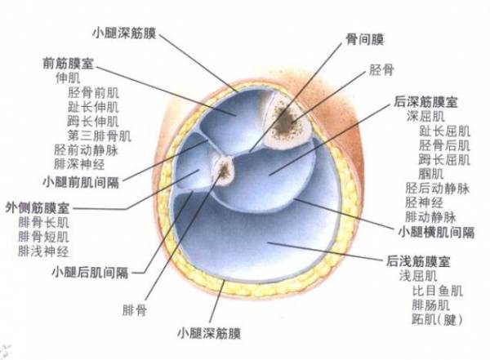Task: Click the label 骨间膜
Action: [x=364, y=39]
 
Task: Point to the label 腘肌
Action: [x=431, y=173]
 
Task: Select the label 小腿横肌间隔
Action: [x=436, y=232]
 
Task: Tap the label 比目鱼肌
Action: [x=438, y=291]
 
